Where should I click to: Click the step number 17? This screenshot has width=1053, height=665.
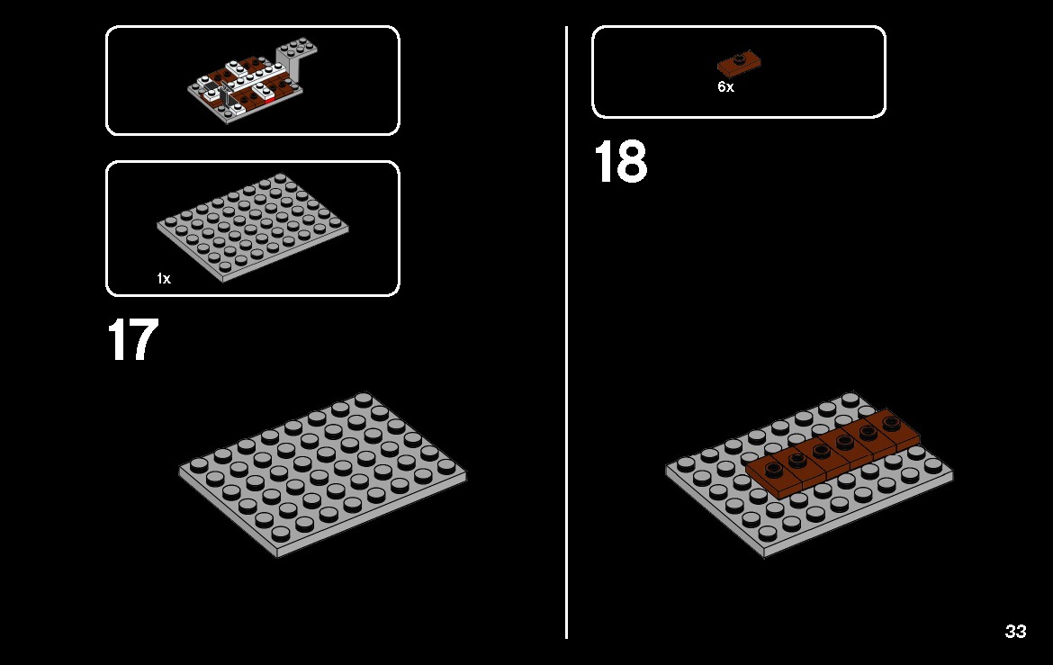133,339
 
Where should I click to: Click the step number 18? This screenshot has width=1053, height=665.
620,161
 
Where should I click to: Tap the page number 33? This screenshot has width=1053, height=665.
1015,632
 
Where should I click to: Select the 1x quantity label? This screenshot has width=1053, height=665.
164,278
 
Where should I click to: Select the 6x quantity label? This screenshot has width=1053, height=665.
725,86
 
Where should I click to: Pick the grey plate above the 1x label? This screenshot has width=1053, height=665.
253,227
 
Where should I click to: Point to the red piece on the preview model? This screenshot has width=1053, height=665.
269,99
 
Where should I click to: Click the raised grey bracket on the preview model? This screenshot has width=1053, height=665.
295,59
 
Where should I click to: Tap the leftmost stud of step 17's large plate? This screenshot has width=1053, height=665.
198,465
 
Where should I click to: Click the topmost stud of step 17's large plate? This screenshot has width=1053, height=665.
364,400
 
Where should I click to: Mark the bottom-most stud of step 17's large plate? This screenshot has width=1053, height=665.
281,534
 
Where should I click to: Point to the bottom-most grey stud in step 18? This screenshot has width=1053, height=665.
768,534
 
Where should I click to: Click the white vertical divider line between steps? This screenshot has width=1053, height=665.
567,333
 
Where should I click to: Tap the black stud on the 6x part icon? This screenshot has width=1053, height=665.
738,57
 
